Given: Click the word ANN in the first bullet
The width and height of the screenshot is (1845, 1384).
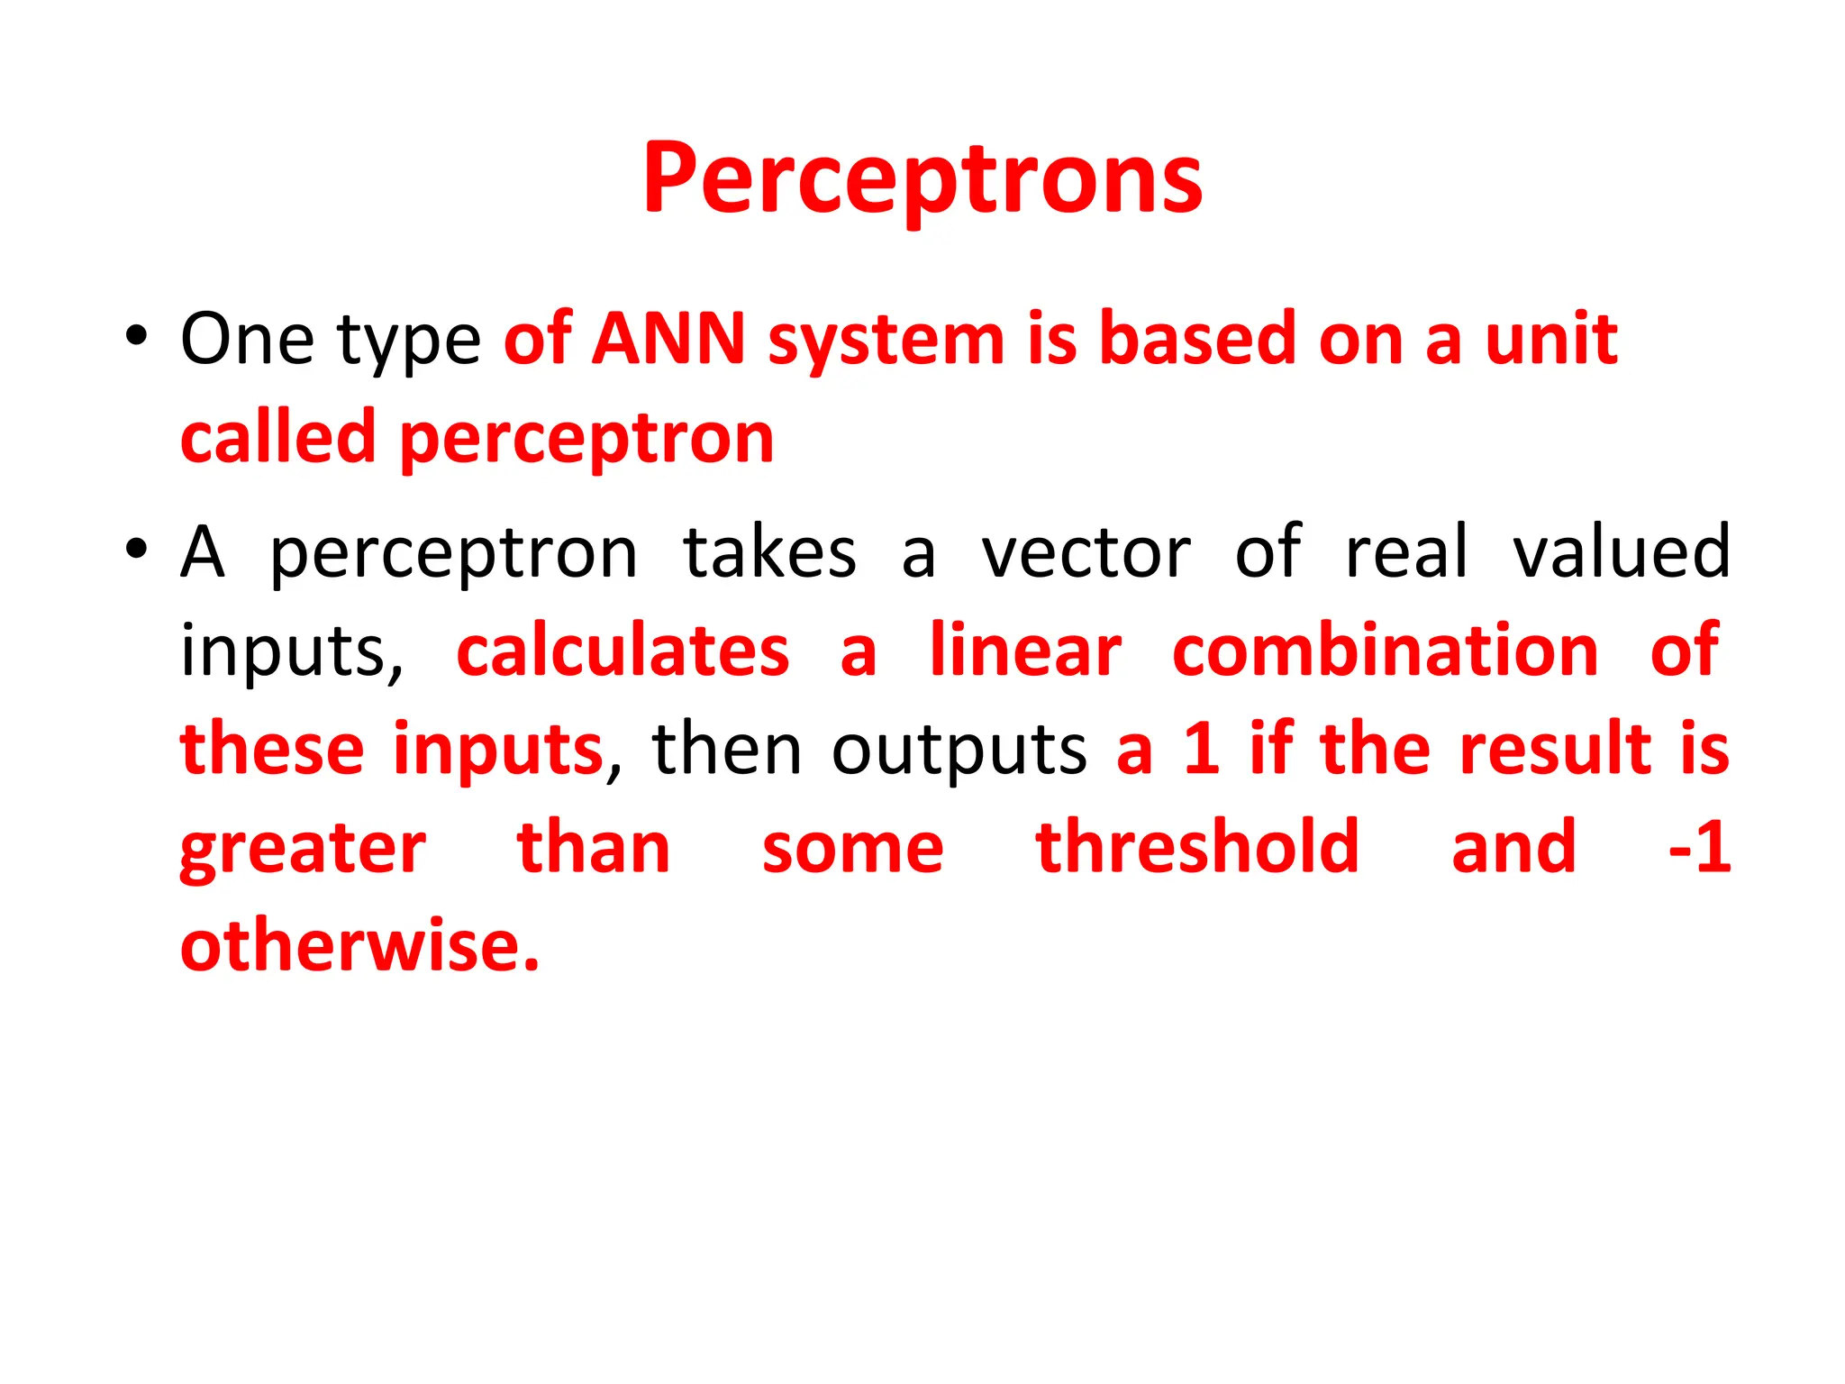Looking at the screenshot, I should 668,340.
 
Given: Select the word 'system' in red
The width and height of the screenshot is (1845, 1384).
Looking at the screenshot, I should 886,342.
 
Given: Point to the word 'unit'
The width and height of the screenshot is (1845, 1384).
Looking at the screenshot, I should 1550,340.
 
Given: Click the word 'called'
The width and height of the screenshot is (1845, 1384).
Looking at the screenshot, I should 277,438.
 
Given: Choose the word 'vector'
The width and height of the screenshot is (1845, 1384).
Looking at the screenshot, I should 1086,551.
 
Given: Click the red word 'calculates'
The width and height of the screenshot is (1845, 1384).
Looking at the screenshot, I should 623,651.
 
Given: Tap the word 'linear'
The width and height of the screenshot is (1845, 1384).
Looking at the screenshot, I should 1025,651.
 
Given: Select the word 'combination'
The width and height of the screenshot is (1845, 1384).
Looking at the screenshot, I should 1385,651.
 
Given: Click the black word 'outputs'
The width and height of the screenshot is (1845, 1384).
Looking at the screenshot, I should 959,750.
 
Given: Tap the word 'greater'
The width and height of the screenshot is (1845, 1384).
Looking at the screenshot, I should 303,851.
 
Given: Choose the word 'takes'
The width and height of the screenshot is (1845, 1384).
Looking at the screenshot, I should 769,551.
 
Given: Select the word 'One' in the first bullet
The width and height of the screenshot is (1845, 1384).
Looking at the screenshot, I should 247,340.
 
